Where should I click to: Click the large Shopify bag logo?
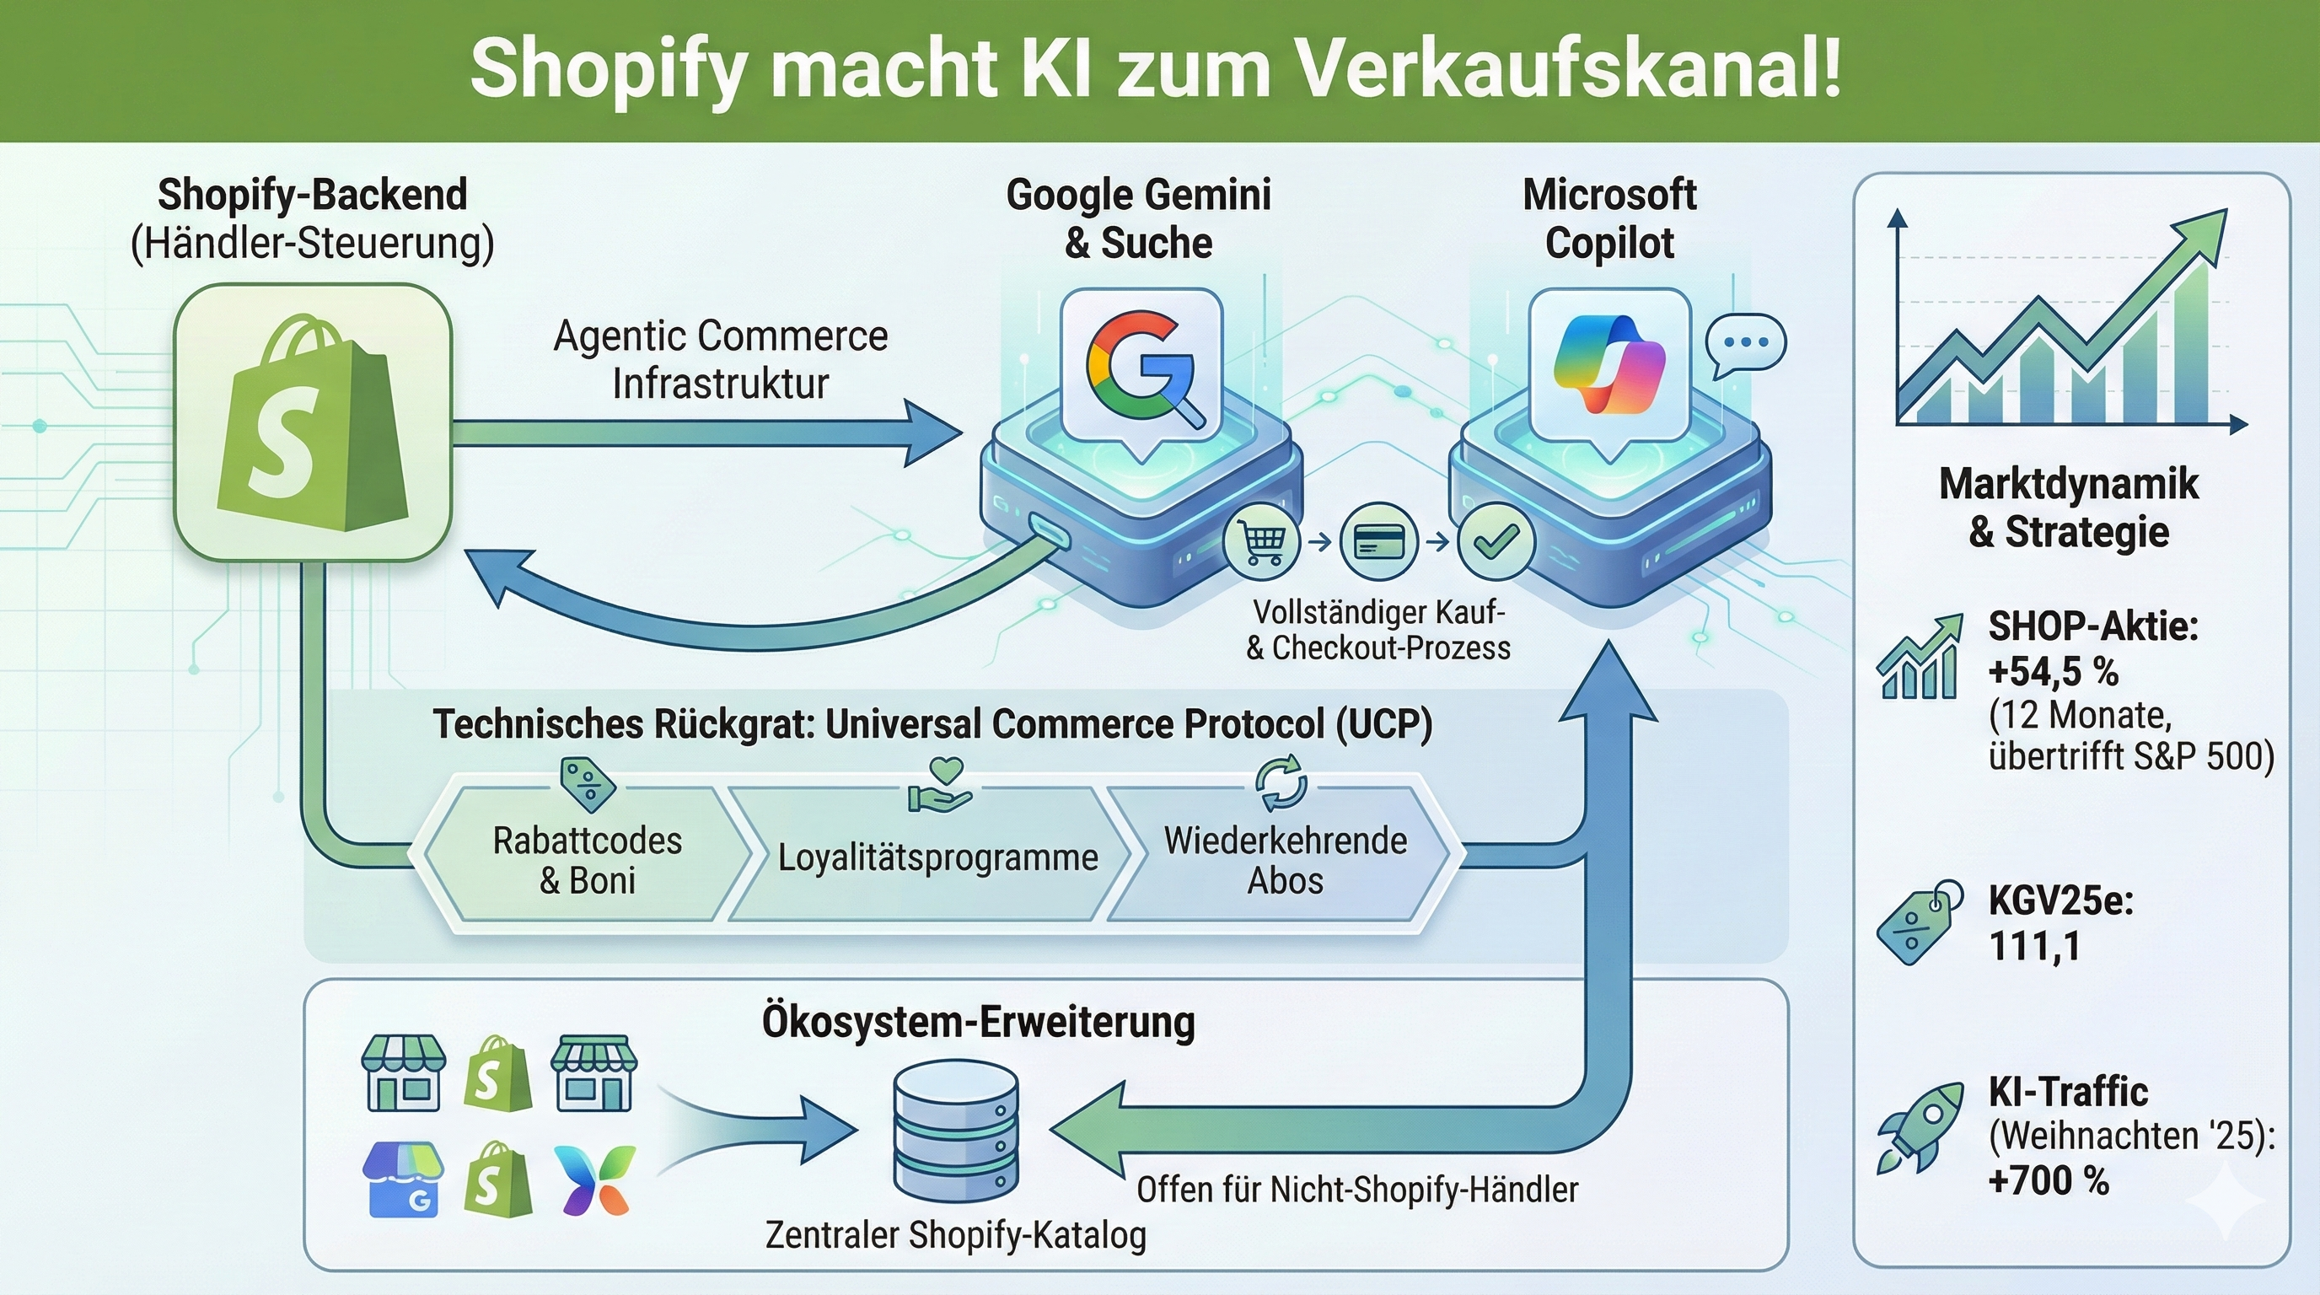pyautogui.click(x=313, y=422)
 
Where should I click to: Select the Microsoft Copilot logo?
pyautogui.click(x=1609, y=364)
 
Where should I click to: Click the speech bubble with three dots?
pyautogui.click(x=1745, y=344)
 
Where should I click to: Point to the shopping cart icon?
pyautogui.click(x=1262, y=541)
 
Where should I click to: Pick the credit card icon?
pyautogui.click(x=1378, y=541)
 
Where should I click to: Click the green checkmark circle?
pyautogui.click(x=1495, y=541)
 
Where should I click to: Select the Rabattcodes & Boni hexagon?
pyautogui.click(x=588, y=859)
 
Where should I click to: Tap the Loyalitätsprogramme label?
pyautogui.click(x=937, y=857)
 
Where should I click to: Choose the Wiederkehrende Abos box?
pyautogui.click(x=1284, y=859)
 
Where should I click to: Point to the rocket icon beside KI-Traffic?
pyautogui.click(x=1920, y=1126)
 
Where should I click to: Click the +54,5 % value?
pyautogui.click(x=2054, y=672)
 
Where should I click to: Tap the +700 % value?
pyautogui.click(x=2048, y=1180)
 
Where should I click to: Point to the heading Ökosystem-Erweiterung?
pyautogui.click(x=978, y=1022)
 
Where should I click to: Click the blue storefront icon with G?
pyautogui.click(x=401, y=1179)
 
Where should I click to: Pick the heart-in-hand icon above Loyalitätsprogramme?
pyautogui.click(x=940, y=784)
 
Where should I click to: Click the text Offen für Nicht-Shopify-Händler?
pyautogui.click(x=1357, y=1190)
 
